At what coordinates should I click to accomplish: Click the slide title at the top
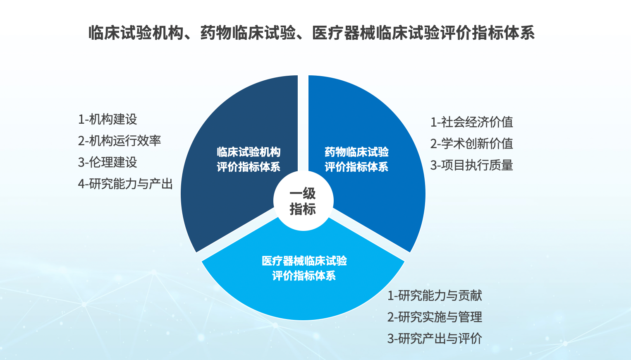311,33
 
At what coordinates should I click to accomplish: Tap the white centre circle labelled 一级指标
304,201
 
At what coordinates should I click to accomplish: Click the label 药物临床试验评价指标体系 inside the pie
356,159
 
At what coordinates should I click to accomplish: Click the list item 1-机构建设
108,119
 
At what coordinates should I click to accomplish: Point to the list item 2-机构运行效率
119,141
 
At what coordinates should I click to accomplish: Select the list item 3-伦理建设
108,162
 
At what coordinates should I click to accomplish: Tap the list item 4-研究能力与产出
125,184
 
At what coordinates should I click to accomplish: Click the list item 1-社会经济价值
471,122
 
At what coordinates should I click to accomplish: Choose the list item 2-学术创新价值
471,144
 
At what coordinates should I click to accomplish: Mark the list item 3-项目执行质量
471,165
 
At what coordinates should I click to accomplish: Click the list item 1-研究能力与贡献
435,295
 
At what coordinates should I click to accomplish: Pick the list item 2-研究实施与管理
435,317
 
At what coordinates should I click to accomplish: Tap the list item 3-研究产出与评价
435,338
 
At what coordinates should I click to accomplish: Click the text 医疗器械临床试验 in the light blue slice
304,261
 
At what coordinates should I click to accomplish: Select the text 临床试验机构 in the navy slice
249,152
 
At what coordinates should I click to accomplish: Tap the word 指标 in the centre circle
303,209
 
